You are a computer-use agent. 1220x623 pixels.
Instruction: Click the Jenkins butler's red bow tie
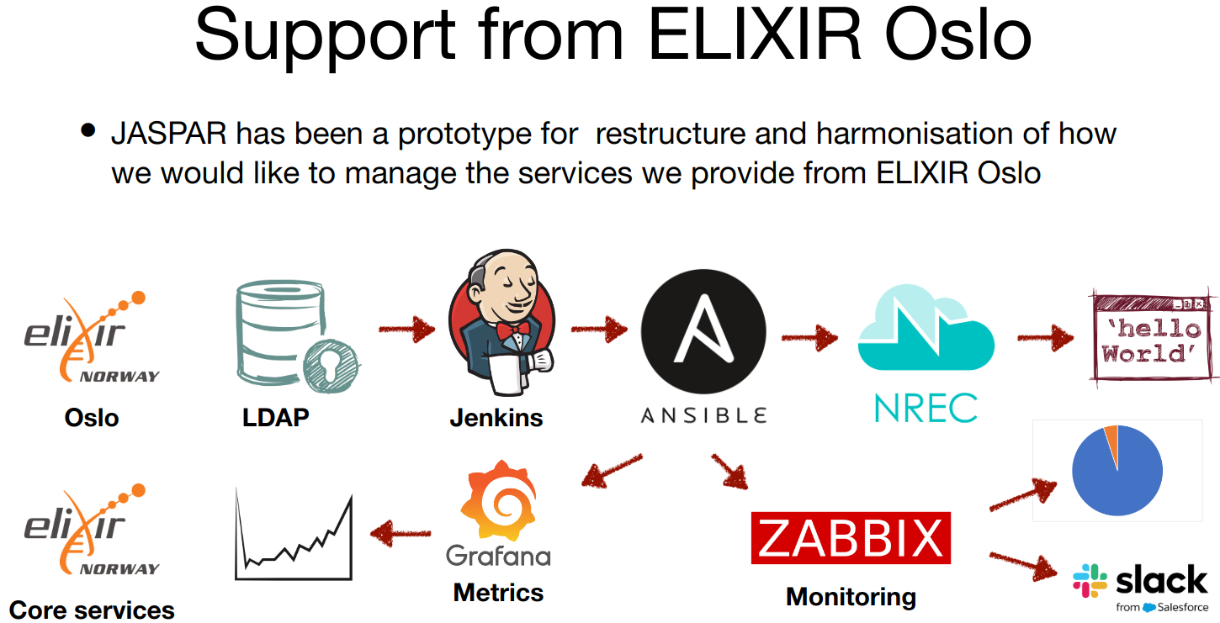(512, 327)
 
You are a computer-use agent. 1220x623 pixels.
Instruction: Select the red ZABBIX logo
(850, 538)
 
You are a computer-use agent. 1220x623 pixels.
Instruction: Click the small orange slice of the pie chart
(1111, 436)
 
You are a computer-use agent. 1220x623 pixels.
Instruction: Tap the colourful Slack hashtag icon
(1090, 581)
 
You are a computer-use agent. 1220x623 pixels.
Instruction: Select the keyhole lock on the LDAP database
(330, 368)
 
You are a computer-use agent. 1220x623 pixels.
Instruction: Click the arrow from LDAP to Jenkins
(407, 329)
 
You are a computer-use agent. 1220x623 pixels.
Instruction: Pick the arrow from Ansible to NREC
(809, 337)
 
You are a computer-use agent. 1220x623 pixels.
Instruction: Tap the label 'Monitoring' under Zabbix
(851, 597)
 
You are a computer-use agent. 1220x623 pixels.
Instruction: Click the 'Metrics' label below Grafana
(498, 592)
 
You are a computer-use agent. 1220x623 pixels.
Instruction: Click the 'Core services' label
(92, 610)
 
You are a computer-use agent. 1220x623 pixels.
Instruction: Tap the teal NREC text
(926, 408)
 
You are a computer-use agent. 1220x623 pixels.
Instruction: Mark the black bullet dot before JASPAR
(88, 131)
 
